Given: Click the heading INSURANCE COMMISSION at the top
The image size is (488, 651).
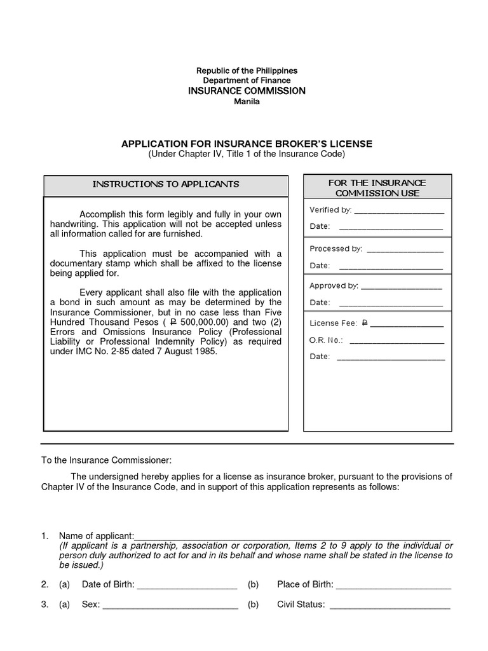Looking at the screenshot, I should [247, 91].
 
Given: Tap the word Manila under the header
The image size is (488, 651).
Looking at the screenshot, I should [247, 102].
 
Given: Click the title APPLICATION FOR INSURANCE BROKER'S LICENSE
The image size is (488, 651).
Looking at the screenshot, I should [247, 144].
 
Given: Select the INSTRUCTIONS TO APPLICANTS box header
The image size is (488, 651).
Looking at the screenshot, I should [166, 184].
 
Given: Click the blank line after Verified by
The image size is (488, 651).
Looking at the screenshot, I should [398, 211].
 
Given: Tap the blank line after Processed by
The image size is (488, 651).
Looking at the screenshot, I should [405, 249].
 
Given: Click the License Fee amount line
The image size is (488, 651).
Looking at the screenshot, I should [407, 324].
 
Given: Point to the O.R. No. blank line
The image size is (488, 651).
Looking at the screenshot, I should [396, 341].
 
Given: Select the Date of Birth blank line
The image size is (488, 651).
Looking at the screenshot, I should [187, 586].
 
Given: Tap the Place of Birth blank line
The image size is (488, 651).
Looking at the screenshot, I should [393, 586].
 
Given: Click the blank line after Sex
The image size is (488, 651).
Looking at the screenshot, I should [170, 606].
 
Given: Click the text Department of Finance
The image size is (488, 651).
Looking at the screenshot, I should [247, 81].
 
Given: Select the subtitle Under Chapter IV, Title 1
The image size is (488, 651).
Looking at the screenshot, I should [247, 154].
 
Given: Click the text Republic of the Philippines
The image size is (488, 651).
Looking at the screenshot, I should [247, 71].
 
